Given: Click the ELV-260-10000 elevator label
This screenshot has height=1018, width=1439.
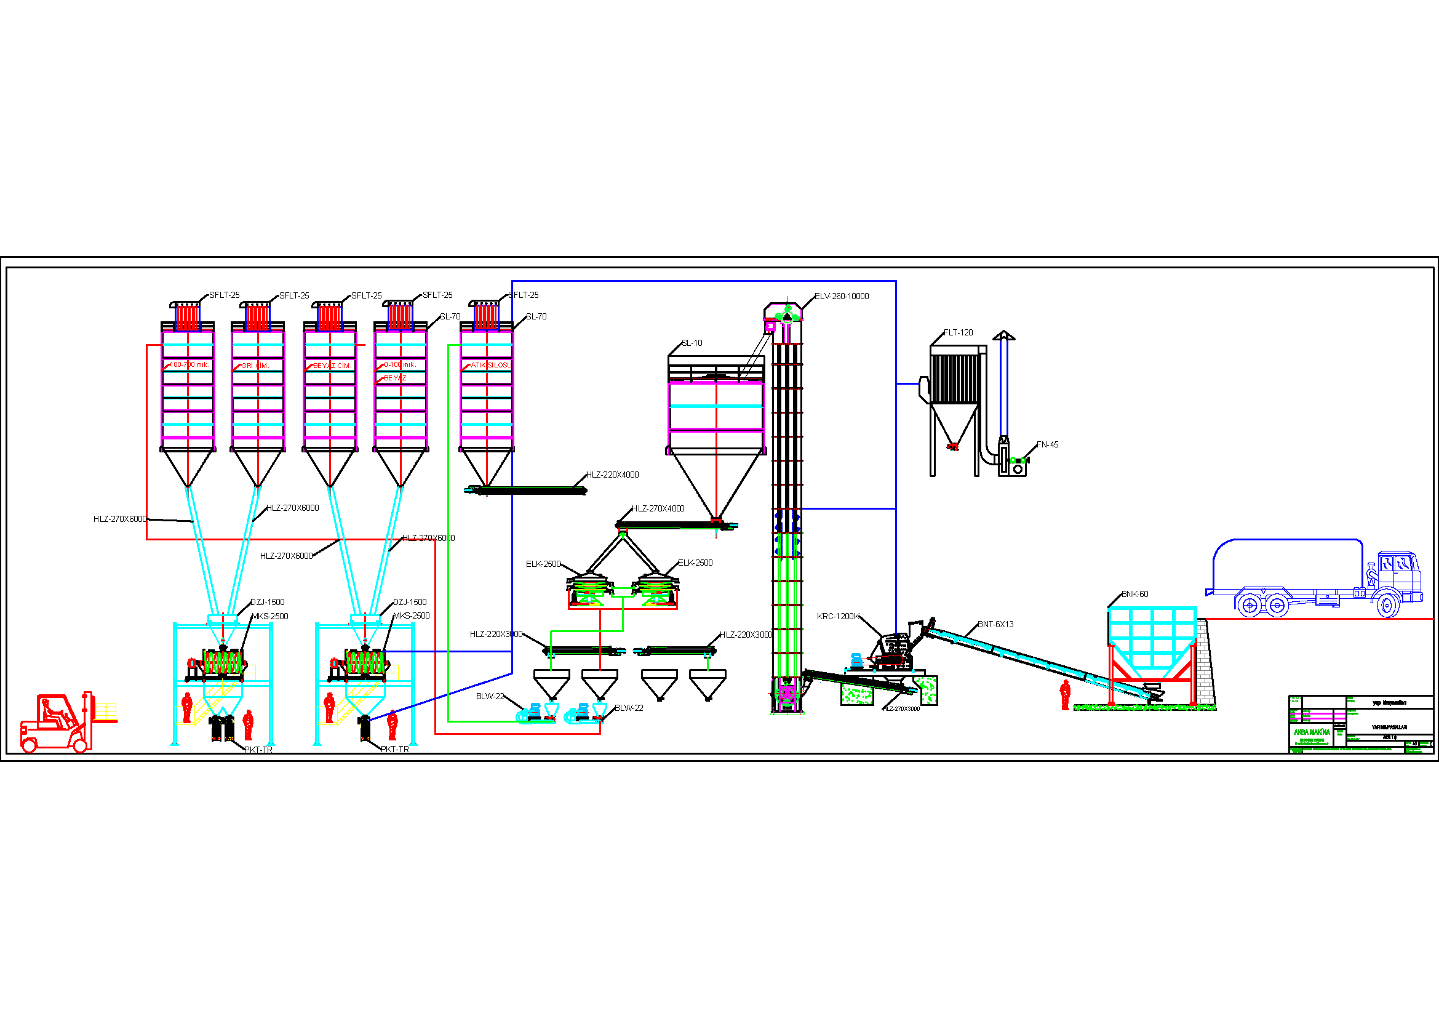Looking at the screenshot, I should tap(841, 297).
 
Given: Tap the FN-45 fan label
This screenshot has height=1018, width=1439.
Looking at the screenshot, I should tap(1046, 445).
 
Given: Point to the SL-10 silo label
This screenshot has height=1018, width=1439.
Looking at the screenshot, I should tap(692, 343).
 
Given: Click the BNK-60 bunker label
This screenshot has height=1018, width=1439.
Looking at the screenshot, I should tap(1134, 595).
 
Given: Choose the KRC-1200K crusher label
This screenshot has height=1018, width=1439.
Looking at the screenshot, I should tap(838, 617).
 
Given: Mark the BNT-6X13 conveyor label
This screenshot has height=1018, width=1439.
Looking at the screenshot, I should tap(995, 624).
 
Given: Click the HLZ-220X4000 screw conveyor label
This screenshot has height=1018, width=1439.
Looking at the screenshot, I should tap(612, 475).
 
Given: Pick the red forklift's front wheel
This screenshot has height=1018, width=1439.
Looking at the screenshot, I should tap(80, 745).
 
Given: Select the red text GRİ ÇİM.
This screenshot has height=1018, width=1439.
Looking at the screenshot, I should tap(255, 366).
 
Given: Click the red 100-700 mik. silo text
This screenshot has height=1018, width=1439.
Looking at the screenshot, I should tap(189, 365).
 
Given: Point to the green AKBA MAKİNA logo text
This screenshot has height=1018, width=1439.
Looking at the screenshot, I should tap(1311, 732).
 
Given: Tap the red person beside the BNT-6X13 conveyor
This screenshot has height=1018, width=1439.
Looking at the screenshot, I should tap(1065, 694).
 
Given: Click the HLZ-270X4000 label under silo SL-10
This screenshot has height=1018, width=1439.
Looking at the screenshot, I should tap(658, 509).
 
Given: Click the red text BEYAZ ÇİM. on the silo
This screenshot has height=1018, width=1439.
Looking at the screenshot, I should tap(332, 366).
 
